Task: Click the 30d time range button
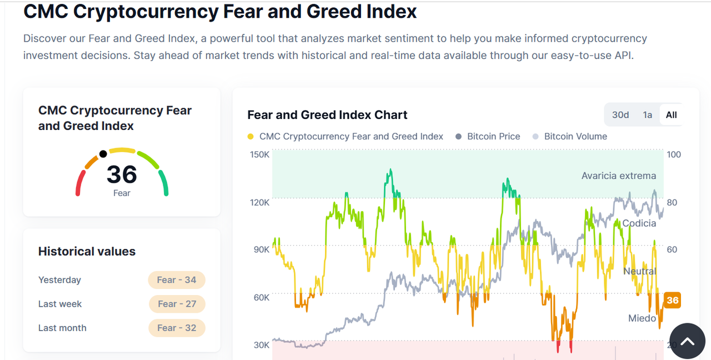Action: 620,115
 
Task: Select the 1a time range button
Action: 647,115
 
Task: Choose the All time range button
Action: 671,115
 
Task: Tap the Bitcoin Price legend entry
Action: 493,136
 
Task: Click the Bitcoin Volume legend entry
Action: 575,136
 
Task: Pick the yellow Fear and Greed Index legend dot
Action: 251,137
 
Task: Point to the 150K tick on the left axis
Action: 259,154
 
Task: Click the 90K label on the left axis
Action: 261,249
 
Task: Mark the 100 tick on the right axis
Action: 673,154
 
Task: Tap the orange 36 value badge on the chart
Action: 672,301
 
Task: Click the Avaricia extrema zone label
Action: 618,176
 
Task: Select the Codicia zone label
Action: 639,223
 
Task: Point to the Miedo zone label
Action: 642,318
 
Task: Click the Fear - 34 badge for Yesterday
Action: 177,280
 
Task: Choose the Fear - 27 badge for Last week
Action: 177,304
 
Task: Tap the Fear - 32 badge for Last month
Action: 177,328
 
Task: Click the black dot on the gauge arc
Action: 103,154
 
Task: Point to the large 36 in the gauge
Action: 122,174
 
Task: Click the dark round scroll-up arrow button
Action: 687,341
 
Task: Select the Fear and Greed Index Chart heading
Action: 327,115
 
